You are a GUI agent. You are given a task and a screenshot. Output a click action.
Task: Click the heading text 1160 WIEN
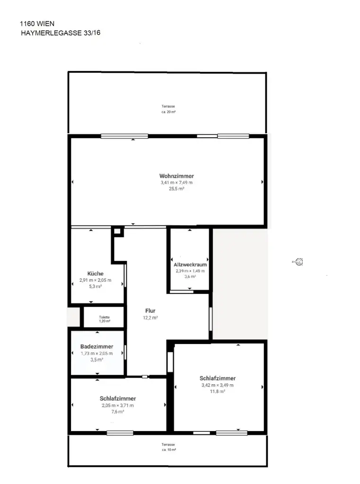pyautogui.click(x=36, y=23)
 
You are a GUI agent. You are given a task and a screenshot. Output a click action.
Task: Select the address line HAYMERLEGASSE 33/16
pyautogui.click(x=61, y=33)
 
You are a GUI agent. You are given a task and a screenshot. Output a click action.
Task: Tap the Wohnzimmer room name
pyautogui.click(x=176, y=176)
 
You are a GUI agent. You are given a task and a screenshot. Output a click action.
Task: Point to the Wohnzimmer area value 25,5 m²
pyautogui.click(x=176, y=188)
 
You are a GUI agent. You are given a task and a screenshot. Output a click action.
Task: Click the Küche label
pyautogui.click(x=95, y=274)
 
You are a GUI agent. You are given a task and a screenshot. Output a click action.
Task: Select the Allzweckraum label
pyautogui.click(x=190, y=265)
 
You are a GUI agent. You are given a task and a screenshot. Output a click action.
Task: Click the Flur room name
pyautogui.click(x=150, y=311)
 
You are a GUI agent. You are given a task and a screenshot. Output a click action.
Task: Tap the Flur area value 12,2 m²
pyautogui.click(x=150, y=318)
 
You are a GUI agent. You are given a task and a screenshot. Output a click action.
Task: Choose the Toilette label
pyautogui.click(x=104, y=317)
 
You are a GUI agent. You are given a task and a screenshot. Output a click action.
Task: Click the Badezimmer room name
pyautogui.click(x=97, y=346)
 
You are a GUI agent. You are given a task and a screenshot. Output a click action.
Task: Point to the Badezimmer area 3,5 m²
pyautogui.click(x=97, y=359)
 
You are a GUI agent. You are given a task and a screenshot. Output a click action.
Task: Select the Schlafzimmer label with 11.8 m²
pyautogui.click(x=218, y=378)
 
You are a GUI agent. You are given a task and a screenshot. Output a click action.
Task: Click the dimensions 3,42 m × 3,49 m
pyautogui.click(x=218, y=385)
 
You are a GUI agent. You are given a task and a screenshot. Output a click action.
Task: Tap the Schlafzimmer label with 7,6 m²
pyautogui.click(x=118, y=398)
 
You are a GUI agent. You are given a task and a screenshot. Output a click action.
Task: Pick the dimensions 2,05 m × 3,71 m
pyautogui.click(x=118, y=406)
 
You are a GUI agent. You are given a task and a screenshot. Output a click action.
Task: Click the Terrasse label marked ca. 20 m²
pyautogui.click(x=168, y=107)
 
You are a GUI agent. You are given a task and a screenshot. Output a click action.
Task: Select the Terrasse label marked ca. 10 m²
pyautogui.click(x=168, y=445)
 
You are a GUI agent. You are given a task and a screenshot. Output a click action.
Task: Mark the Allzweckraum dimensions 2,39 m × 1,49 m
pyautogui.click(x=190, y=271)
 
